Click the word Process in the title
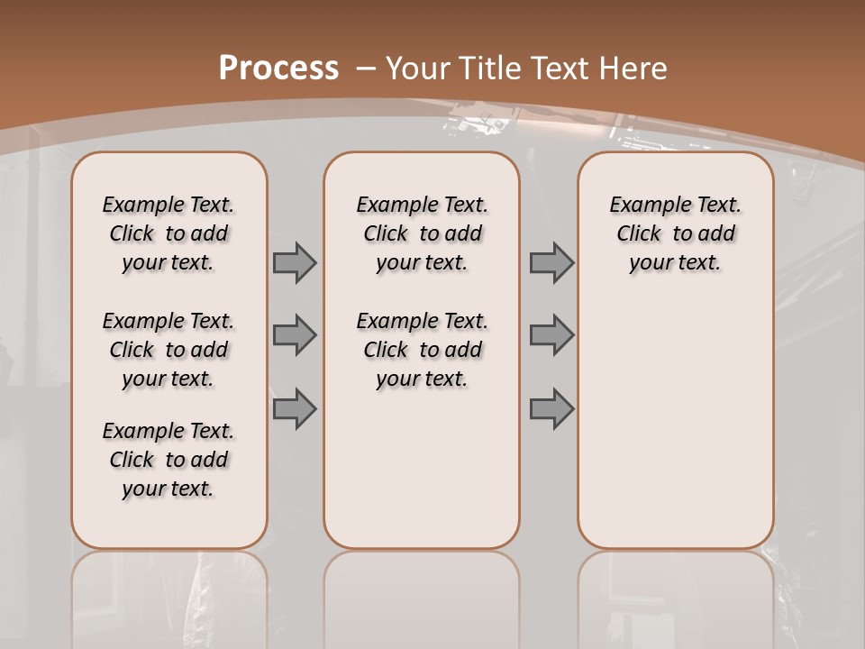278,68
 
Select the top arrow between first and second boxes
295,263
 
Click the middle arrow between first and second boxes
295,335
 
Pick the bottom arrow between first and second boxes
295,408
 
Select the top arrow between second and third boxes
551,263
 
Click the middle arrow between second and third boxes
551,335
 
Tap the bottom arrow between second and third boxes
551,408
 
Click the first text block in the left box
168,233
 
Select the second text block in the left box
168,350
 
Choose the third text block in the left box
168,460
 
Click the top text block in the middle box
422,233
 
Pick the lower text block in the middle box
422,350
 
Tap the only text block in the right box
675,233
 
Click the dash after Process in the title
364,68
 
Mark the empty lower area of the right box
675,424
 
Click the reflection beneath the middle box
422,595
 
